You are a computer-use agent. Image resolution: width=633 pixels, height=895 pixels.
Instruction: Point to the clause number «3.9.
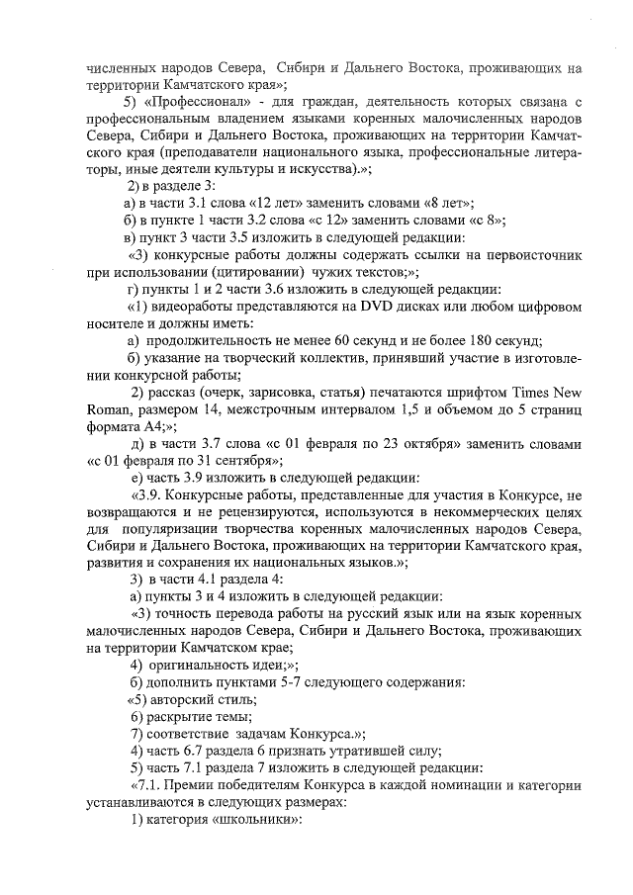coord(147,496)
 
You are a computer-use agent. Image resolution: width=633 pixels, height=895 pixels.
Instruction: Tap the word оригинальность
coord(201,666)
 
